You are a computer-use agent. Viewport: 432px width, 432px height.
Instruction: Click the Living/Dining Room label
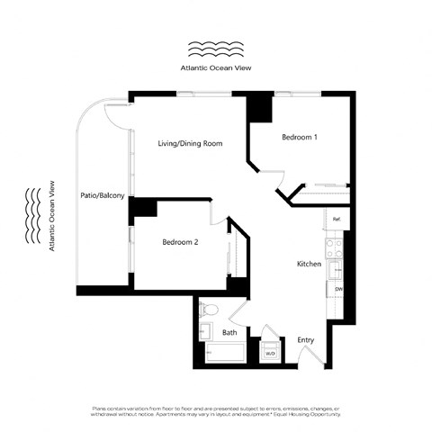(x=190, y=144)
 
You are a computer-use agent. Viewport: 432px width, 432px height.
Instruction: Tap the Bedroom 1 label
(x=299, y=138)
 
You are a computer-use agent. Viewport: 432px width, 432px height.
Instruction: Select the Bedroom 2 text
(x=182, y=242)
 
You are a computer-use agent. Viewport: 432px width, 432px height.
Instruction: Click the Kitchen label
(x=310, y=264)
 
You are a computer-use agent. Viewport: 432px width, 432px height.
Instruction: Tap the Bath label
(x=229, y=332)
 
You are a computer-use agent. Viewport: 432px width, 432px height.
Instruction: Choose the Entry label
(x=305, y=340)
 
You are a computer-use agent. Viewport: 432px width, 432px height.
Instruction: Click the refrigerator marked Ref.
(x=336, y=220)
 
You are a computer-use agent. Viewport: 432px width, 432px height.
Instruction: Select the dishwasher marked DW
(x=337, y=289)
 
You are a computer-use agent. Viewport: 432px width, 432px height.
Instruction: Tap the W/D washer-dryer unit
(x=269, y=353)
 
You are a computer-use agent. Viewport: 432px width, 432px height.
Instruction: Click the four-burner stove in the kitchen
(x=334, y=243)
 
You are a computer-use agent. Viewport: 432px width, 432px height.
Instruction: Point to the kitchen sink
(x=336, y=267)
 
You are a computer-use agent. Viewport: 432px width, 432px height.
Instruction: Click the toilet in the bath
(x=207, y=311)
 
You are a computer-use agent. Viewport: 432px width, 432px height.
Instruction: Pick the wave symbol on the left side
(x=32, y=216)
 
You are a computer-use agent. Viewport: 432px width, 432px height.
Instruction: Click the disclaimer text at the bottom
(x=216, y=412)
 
